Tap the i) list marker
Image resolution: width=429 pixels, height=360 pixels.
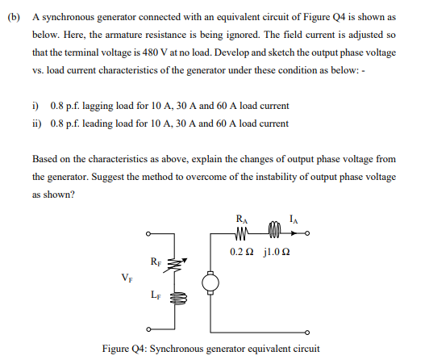click(35, 107)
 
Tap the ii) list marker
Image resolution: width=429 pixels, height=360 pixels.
click(37, 123)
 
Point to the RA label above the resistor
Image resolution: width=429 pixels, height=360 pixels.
click(242, 220)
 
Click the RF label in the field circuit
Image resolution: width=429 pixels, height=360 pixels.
click(155, 261)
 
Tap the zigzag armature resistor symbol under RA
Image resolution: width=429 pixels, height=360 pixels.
click(243, 236)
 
